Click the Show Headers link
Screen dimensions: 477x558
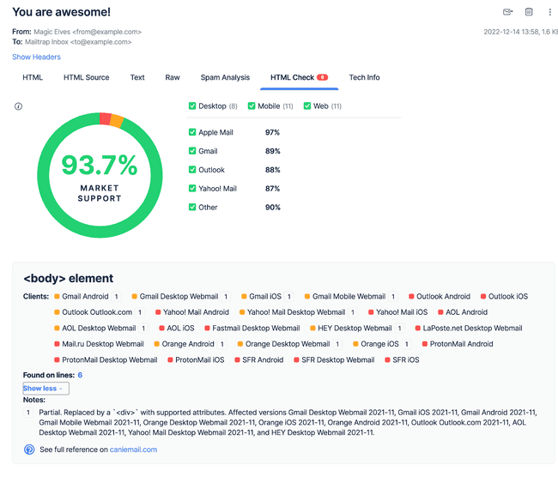coord(36,57)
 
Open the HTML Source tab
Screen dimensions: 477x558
coord(86,78)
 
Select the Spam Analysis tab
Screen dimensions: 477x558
coord(225,78)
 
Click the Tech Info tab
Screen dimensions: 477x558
coord(364,78)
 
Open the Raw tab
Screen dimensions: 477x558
coord(173,78)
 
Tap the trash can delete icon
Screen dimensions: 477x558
coord(529,12)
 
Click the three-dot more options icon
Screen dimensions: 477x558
coord(550,12)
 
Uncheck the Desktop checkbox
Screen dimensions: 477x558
coord(192,106)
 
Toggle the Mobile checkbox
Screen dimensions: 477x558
coord(252,106)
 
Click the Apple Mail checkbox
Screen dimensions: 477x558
coord(192,132)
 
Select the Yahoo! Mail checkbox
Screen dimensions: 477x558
coord(192,189)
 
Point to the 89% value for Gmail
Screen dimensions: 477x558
coord(272,151)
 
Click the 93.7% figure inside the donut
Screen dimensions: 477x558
coord(100,164)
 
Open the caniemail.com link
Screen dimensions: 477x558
coord(133,450)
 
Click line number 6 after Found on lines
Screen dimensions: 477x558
coord(80,376)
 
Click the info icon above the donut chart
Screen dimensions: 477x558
coord(18,107)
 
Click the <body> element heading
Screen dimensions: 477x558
coord(68,279)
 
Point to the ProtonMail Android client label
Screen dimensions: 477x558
coord(461,344)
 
